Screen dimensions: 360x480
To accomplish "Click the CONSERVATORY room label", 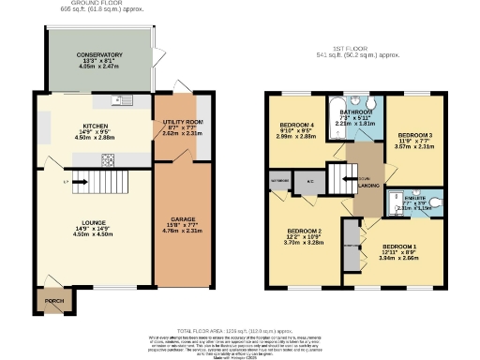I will (x=99, y=55).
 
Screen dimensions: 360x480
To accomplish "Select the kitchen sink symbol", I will (x=119, y=99).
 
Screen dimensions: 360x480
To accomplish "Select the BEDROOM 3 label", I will (x=408, y=135).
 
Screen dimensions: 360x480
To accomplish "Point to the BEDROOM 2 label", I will (x=305, y=230).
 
